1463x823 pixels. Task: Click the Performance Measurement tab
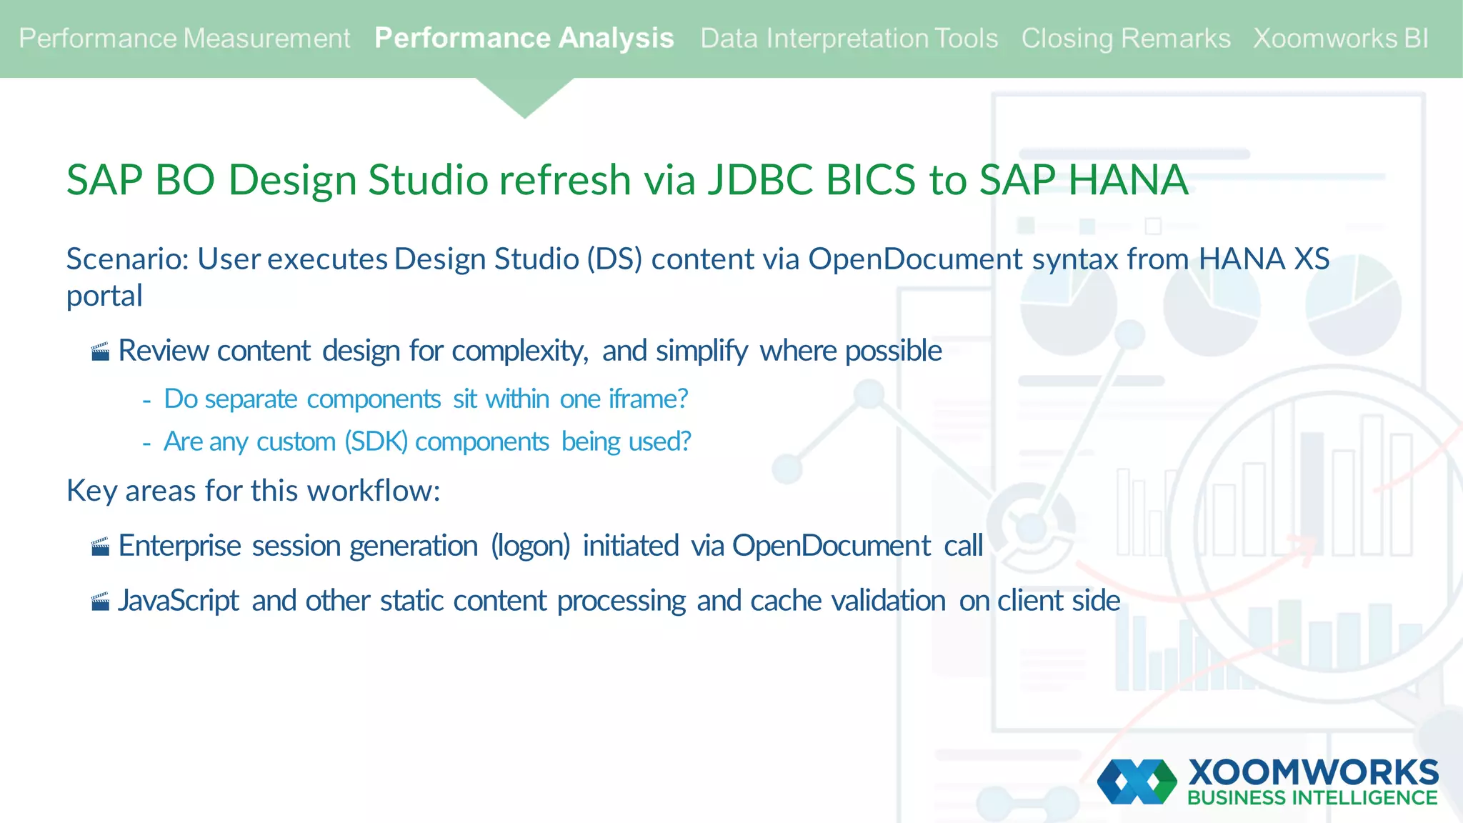click(x=184, y=39)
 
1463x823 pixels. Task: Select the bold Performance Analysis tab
click(x=524, y=39)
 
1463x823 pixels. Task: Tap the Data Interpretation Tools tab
click(x=849, y=39)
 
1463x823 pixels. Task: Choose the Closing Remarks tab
click(x=1125, y=39)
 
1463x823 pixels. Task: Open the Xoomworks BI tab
click(x=1341, y=39)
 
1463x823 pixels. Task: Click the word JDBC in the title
click(x=760, y=179)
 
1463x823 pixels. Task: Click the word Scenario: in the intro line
click(x=127, y=259)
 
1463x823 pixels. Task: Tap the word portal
click(x=104, y=296)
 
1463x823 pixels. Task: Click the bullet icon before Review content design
click(x=101, y=351)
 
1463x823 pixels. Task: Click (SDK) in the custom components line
click(x=376, y=442)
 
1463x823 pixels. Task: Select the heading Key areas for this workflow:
click(x=253, y=491)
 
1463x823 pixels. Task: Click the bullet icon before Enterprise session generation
click(x=101, y=547)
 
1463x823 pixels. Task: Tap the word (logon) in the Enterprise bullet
click(x=530, y=546)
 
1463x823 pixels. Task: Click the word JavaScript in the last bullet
click(x=178, y=601)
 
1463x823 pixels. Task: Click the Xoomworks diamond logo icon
click(x=1137, y=782)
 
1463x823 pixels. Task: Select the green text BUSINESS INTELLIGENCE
click(x=1312, y=798)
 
